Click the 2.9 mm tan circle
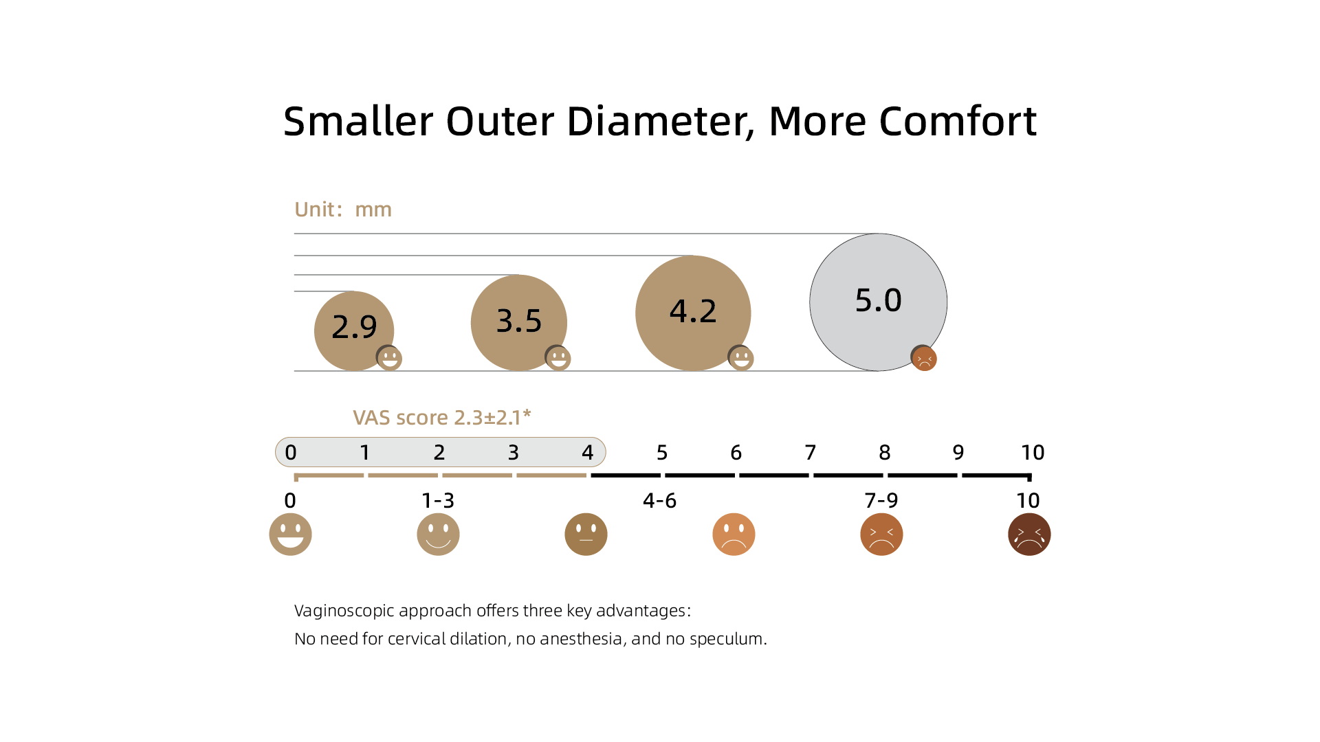point(354,331)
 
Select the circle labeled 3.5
point(519,323)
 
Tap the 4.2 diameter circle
point(693,313)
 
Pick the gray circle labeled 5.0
point(879,302)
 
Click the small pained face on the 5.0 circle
point(924,358)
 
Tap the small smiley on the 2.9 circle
point(389,358)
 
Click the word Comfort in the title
point(958,122)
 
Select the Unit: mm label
point(343,210)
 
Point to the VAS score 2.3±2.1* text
point(442,417)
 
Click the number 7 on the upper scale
point(811,453)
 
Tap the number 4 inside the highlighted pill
point(588,453)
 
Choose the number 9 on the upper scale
point(958,453)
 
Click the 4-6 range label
point(659,501)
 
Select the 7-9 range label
point(881,501)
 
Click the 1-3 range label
point(438,501)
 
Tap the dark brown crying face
point(1029,535)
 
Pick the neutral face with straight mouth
point(586,535)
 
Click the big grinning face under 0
point(290,535)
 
